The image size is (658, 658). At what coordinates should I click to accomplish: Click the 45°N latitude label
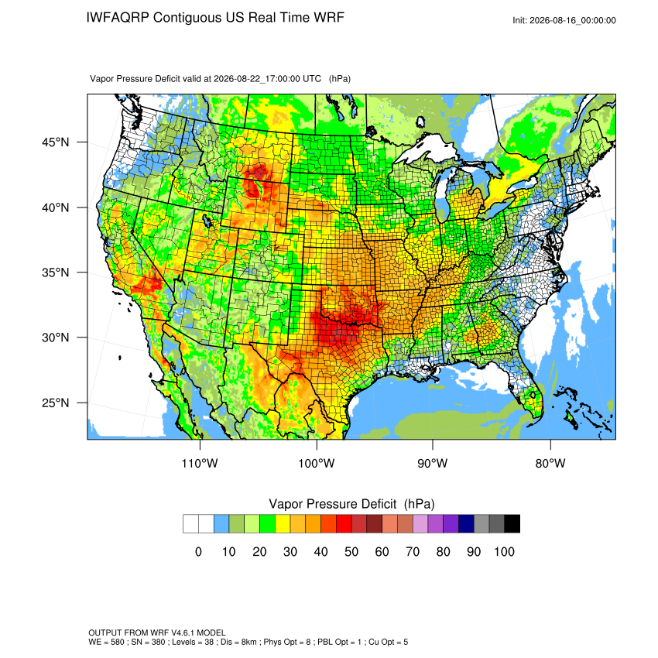pos(56,142)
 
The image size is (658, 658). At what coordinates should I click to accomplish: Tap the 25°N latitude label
pos(56,403)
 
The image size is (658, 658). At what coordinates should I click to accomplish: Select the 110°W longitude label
pos(200,463)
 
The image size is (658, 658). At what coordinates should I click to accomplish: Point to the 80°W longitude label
pos(550,463)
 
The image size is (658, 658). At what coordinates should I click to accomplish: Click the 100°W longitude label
pos(317,463)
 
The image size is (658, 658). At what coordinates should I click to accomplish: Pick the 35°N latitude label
pos(56,272)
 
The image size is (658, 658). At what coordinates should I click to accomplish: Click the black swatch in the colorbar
pos(512,524)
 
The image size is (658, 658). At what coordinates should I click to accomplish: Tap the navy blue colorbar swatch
pos(466,524)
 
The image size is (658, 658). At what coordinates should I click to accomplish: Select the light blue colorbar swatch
pos(221,524)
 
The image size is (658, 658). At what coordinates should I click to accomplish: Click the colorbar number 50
pos(351,551)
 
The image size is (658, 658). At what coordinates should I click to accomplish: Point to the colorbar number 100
pos(505,551)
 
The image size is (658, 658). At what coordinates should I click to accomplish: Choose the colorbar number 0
pos(198,551)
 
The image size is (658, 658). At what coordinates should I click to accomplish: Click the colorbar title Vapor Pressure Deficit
pos(332,504)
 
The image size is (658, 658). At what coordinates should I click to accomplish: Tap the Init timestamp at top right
pos(564,21)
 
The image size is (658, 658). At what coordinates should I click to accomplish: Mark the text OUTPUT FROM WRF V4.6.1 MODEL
pos(157,632)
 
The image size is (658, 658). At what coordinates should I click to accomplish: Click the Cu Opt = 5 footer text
pos(388,642)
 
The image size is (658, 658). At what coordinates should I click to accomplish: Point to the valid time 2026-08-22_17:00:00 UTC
pos(267,79)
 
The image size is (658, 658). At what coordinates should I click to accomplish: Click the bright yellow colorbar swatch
pos(283,524)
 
